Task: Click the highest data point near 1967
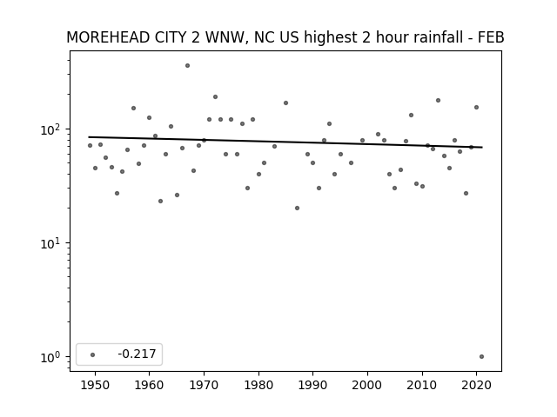pyautogui.click(x=188, y=66)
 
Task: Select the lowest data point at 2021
pyautogui.click(x=481, y=357)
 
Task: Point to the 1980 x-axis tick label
pyautogui.click(x=258, y=385)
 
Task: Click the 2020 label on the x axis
pyautogui.click(x=476, y=385)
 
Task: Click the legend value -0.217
pyautogui.click(x=137, y=354)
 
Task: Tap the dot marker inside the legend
pyautogui.click(x=93, y=354)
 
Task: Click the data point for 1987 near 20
pyautogui.click(x=298, y=208)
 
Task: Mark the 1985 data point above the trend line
pyautogui.click(x=286, y=103)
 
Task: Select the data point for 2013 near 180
pyautogui.click(x=439, y=101)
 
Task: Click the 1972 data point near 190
pyautogui.click(x=215, y=96)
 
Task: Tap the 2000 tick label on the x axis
pyautogui.click(x=367, y=385)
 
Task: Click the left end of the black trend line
pyautogui.click(x=89, y=137)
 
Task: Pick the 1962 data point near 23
pyautogui.click(x=160, y=201)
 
